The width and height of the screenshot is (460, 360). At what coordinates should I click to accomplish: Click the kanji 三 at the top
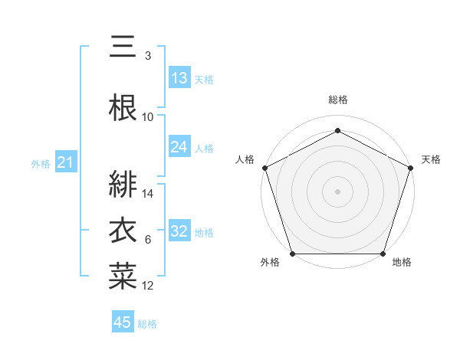tap(123, 47)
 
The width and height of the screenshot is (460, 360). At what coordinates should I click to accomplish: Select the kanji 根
tap(123, 107)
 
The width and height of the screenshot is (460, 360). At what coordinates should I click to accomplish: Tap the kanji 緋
tap(123, 185)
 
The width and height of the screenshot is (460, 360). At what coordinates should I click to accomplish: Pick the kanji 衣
tap(123, 231)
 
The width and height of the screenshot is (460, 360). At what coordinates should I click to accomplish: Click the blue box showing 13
tap(179, 78)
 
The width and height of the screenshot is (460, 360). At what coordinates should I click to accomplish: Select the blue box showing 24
tap(179, 147)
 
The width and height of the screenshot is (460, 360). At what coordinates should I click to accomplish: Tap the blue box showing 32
tap(179, 231)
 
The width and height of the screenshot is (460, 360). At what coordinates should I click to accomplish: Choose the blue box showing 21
tap(66, 162)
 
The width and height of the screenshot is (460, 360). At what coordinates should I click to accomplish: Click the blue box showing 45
tap(123, 322)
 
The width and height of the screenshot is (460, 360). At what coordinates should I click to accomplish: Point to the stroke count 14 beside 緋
tap(148, 194)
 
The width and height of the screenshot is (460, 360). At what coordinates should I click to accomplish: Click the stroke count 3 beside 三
tap(148, 56)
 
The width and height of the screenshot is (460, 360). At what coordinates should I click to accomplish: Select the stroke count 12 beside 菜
tap(148, 286)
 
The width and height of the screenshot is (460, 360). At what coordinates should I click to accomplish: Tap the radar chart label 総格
tap(338, 100)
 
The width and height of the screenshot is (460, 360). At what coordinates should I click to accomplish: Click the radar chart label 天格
tap(431, 159)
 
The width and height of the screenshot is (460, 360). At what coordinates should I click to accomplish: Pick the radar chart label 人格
tap(245, 159)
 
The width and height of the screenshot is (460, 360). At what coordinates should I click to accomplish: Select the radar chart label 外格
tap(270, 263)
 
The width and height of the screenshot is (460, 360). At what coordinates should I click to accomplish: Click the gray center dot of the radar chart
tap(337, 191)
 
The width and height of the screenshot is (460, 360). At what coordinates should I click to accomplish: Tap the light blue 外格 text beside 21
tap(40, 163)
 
